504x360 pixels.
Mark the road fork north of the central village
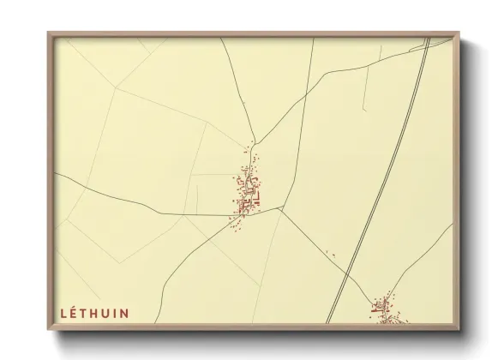tap(254, 141)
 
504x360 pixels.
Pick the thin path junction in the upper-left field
tap(116, 89)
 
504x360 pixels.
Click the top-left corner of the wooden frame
tap(50, 33)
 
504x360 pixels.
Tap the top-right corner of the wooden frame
tap(459, 33)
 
